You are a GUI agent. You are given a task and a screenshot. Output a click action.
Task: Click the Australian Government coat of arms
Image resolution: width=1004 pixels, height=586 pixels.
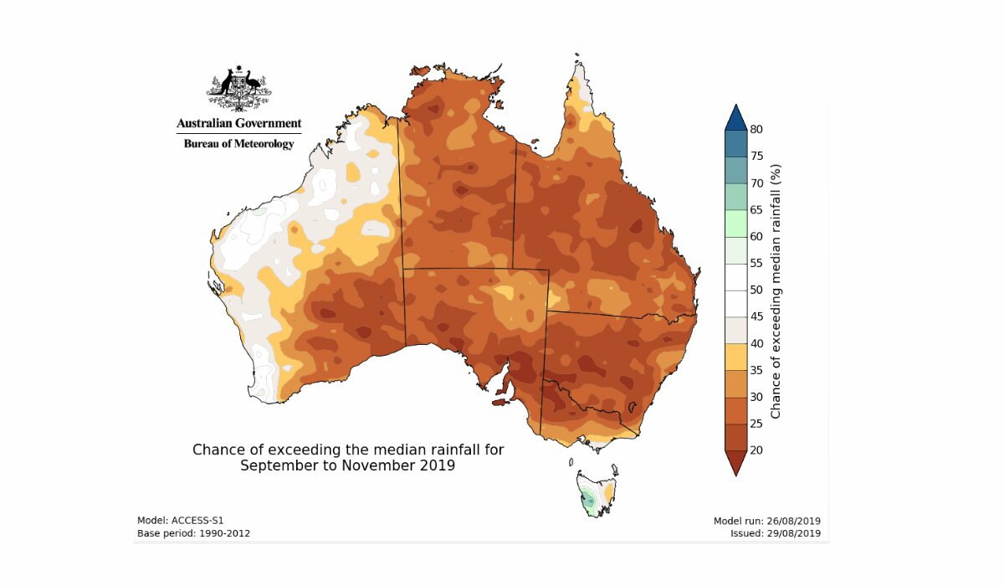click(239, 88)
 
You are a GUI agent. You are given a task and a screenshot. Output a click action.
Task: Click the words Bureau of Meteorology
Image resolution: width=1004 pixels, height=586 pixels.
click(239, 144)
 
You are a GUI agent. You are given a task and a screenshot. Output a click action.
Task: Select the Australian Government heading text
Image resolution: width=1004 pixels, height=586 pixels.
click(239, 123)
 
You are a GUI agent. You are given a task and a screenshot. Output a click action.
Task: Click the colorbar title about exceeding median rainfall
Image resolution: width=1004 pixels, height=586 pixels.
click(776, 290)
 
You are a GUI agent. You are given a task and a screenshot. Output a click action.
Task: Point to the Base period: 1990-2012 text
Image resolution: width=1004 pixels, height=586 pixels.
click(193, 533)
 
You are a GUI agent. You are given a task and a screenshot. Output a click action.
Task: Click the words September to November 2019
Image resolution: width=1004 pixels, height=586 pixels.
click(347, 465)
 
